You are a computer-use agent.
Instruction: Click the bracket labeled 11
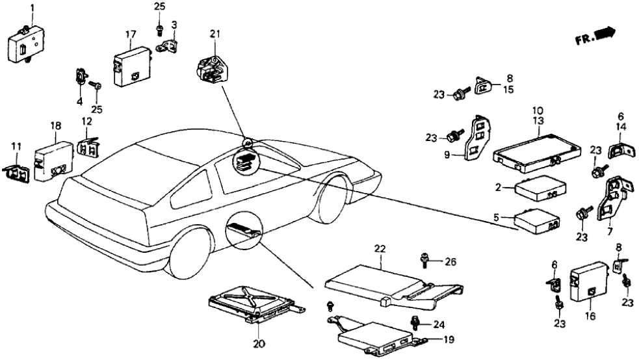(17, 172)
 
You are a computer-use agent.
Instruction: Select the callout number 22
(380, 248)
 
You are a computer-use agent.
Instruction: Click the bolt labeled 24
(414, 322)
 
